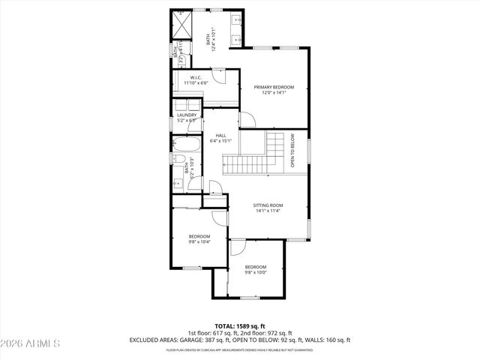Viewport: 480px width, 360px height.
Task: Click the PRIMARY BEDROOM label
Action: tap(274, 87)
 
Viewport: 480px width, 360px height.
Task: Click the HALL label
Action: tap(220, 135)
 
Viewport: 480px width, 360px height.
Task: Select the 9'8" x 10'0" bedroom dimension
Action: tap(256, 272)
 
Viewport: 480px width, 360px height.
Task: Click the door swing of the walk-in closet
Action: tap(217, 75)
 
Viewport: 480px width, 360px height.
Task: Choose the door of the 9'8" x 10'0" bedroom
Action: tap(237, 248)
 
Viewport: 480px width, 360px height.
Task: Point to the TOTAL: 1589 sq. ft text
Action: tap(240, 325)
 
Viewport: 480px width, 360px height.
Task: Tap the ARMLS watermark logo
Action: tap(31, 343)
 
